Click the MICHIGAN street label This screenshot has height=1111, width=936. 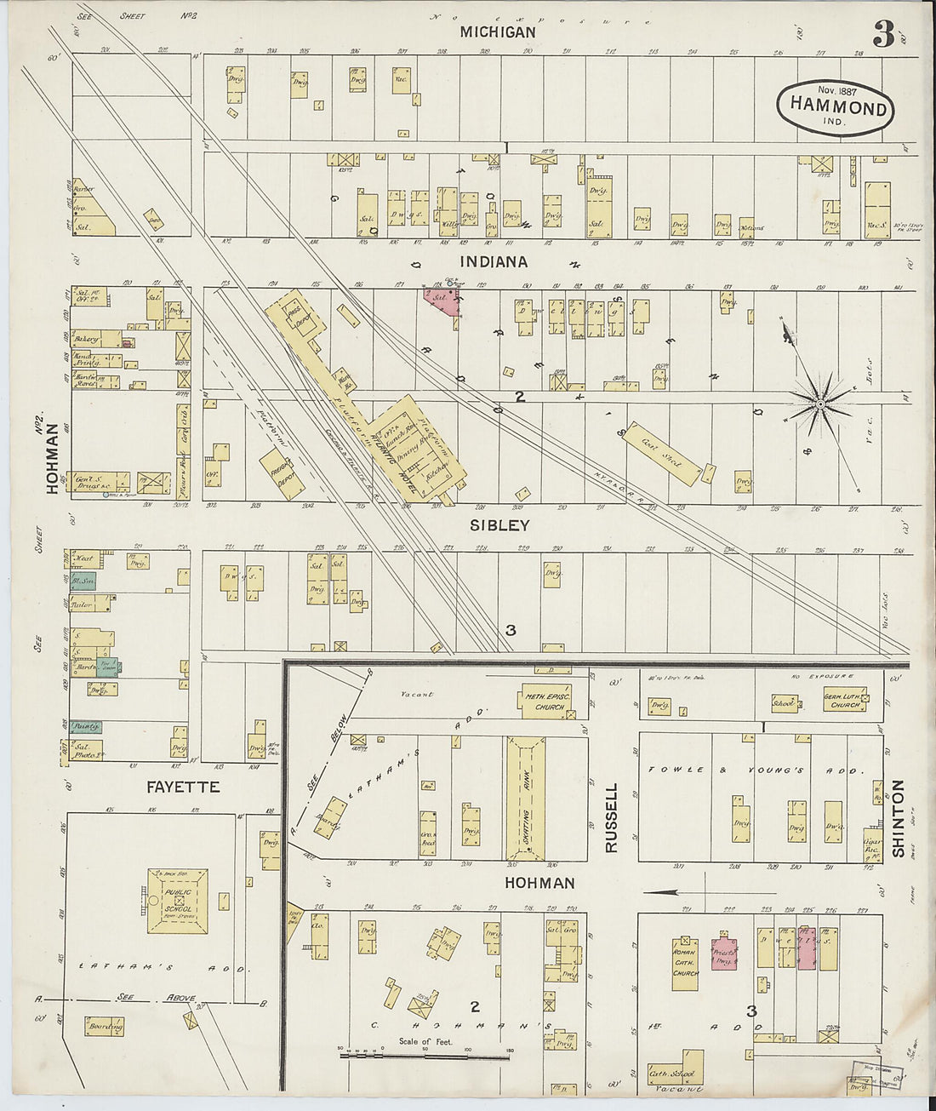pos(498,32)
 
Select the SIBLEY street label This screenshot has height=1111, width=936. pos(500,525)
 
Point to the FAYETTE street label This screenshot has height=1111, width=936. pos(183,787)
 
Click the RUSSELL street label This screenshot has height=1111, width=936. pos(611,818)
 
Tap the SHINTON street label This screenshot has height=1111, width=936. pos(897,817)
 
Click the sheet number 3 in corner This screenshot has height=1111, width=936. pos(882,35)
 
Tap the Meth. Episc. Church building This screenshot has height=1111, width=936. pos(545,702)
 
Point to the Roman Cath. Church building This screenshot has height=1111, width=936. pos(685,964)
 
